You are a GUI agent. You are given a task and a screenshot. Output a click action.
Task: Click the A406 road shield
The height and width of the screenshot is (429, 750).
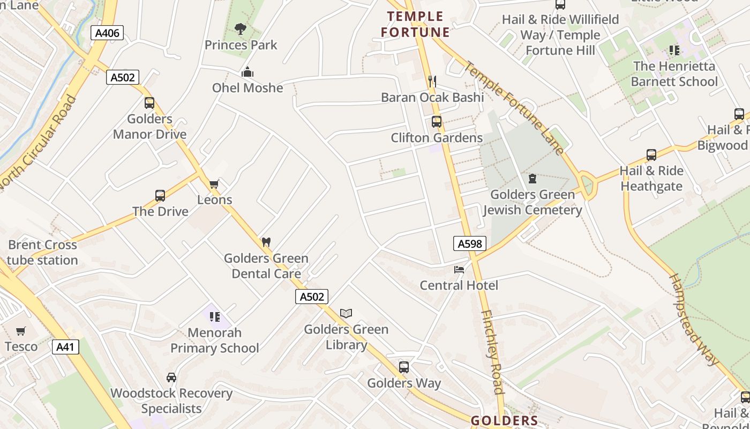coord(107,33)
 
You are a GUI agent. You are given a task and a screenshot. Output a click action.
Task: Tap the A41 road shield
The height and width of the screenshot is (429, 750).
coord(65,347)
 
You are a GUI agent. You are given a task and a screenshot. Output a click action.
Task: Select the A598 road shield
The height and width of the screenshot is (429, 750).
coord(470,244)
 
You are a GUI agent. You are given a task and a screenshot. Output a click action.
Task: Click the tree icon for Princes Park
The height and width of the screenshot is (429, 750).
coord(240,29)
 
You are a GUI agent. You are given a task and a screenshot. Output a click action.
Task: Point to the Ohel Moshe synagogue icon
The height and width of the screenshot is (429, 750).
coord(247,72)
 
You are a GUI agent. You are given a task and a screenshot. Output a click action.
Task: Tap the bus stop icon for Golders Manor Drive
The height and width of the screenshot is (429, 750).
coord(149,103)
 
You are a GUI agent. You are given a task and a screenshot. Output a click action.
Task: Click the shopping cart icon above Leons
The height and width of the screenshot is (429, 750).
coord(214,184)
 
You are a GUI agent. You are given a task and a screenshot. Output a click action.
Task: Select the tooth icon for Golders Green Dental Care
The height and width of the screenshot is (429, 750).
coord(266,242)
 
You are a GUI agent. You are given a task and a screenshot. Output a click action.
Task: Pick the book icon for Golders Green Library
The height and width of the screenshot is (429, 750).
coord(346,313)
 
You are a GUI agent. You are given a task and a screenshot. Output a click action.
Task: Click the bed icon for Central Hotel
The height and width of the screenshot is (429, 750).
coord(459,269)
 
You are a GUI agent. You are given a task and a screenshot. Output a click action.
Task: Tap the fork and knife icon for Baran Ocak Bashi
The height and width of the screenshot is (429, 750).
coord(432,82)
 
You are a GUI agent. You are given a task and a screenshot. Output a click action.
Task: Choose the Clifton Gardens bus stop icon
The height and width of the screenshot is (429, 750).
coord(437,122)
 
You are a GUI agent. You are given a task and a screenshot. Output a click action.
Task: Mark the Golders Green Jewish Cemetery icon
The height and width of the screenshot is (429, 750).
coord(532,178)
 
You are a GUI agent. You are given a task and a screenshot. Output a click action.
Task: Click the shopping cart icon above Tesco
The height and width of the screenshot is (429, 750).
coord(21,331)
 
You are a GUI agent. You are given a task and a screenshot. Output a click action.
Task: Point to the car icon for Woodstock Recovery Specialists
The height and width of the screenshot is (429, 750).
coord(171,378)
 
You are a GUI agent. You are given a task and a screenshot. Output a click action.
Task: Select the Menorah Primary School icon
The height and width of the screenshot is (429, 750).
coord(215,317)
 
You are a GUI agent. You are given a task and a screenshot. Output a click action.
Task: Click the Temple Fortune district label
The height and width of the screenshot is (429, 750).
coord(416,24)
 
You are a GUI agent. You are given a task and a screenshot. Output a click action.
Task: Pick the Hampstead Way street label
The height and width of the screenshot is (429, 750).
coord(695,320)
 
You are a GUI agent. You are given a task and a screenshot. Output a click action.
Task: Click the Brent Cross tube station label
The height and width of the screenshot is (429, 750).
coord(43,253)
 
